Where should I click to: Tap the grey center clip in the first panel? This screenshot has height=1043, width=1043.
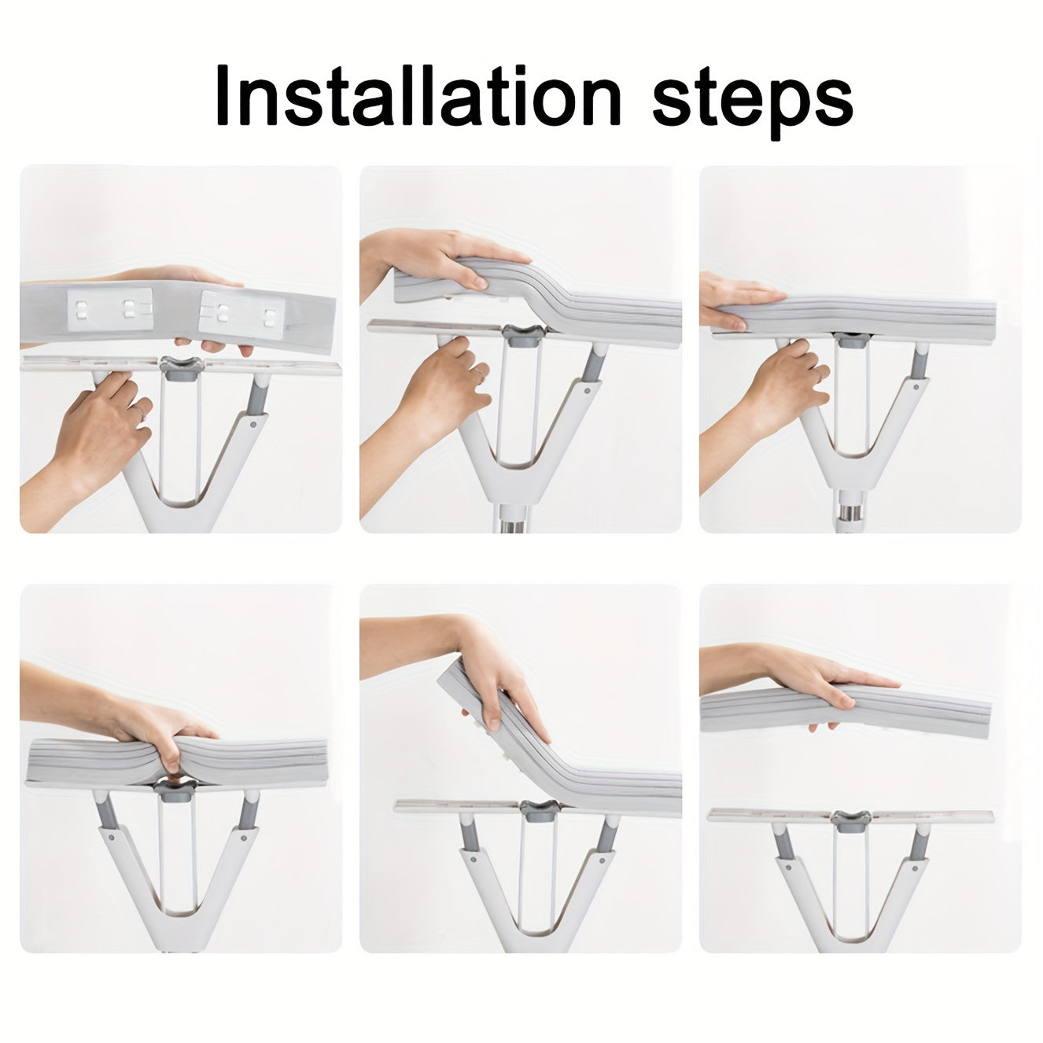click(182, 368)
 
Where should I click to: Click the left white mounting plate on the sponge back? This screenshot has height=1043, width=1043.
click(110, 310)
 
